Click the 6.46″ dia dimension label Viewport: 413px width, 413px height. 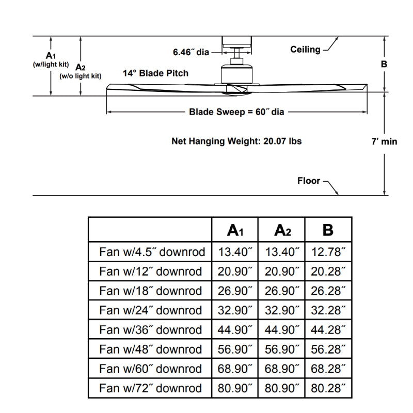pos(190,52)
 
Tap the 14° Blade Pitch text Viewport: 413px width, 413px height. pos(155,73)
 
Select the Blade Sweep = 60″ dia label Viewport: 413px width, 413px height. pos(236,112)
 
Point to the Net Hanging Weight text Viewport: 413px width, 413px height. pos(236,141)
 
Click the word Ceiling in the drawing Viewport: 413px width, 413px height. pos(305,50)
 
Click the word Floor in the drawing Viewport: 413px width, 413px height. pos(309,181)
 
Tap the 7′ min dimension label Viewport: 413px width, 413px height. pos(384,141)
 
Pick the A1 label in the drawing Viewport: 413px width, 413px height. pos(51,55)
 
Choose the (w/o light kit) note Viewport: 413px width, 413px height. pos(80,76)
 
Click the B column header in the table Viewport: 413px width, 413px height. pos(328,230)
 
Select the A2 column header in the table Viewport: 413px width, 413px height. pos(282,230)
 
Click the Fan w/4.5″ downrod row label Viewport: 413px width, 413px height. pos(152,252)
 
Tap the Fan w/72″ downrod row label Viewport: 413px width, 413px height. pos(150,388)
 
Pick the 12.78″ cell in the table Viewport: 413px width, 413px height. pos(328,252)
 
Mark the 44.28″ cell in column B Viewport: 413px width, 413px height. pos(328,329)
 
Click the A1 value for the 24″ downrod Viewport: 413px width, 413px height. pos(235,310)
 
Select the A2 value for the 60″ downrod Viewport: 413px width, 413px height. pos(282,369)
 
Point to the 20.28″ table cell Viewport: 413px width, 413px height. pos(328,272)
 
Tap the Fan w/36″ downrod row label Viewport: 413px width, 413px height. pos(150,329)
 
